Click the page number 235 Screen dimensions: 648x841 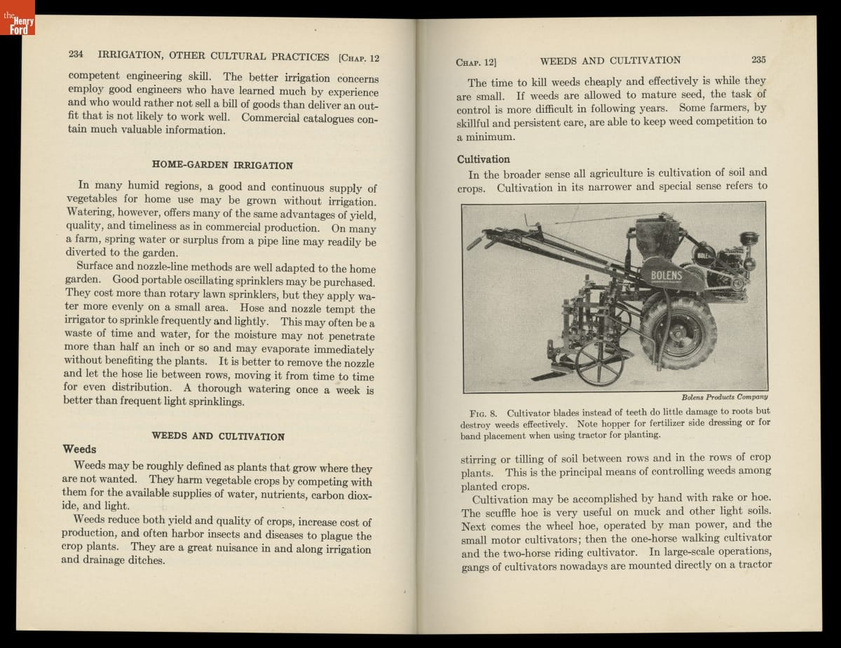[758, 60]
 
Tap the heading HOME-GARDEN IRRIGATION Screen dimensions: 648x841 [222, 165]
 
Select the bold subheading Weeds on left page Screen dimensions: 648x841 [80, 449]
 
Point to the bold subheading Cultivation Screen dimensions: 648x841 [484, 159]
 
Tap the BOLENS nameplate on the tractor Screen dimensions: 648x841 [666, 275]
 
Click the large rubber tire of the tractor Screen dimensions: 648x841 [678, 331]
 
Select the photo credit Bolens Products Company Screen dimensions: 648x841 [725, 397]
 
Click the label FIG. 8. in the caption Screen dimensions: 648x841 [483, 413]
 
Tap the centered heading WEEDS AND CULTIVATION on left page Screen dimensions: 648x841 [218, 436]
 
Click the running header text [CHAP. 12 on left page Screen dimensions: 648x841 [359, 58]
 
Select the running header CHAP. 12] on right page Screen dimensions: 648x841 [477, 62]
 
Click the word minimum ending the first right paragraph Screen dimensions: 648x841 [491, 137]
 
